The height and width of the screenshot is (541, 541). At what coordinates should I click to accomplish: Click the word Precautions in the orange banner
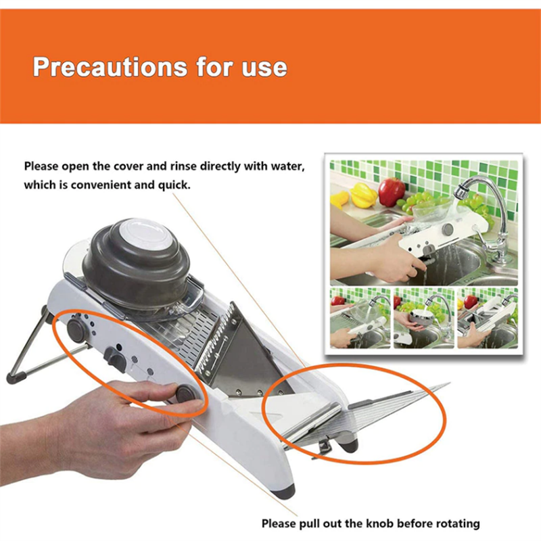[x=110, y=66]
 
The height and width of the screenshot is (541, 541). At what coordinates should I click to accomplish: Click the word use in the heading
[x=264, y=68]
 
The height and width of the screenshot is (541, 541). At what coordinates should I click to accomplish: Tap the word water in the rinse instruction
[x=287, y=166]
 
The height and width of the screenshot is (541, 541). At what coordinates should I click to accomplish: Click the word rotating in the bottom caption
[x=458, y=523]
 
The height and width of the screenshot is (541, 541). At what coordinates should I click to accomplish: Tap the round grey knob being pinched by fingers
[x=186, y=394]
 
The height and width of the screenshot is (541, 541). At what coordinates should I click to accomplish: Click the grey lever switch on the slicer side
[x=116, y=359]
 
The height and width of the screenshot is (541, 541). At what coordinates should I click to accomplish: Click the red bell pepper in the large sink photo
[x=392, y=191]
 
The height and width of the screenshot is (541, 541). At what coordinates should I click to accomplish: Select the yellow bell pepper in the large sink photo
[x=363, y=195]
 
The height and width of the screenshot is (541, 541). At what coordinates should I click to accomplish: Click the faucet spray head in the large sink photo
[x=461, y=192]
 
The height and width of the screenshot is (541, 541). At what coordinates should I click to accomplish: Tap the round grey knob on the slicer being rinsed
[x=448, y=229]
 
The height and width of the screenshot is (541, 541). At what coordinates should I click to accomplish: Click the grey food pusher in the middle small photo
[x=421, y=317]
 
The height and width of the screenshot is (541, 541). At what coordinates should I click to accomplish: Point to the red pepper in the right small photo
[x=471, y=302]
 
